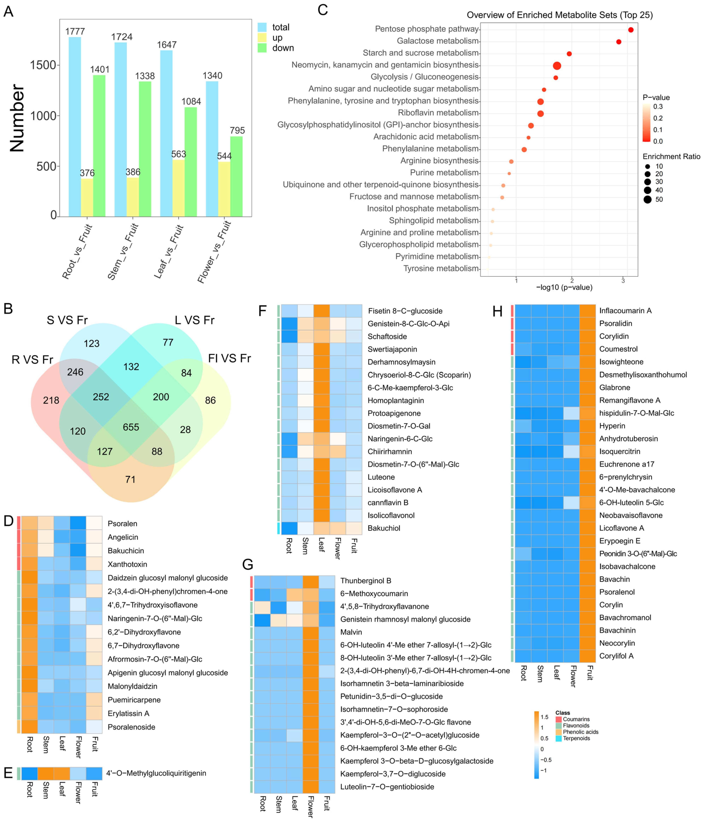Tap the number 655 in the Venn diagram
click(131, 427)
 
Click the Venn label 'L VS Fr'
click(195, 320)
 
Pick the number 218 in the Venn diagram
click(51, 400)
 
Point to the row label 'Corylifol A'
click(616, 656)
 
